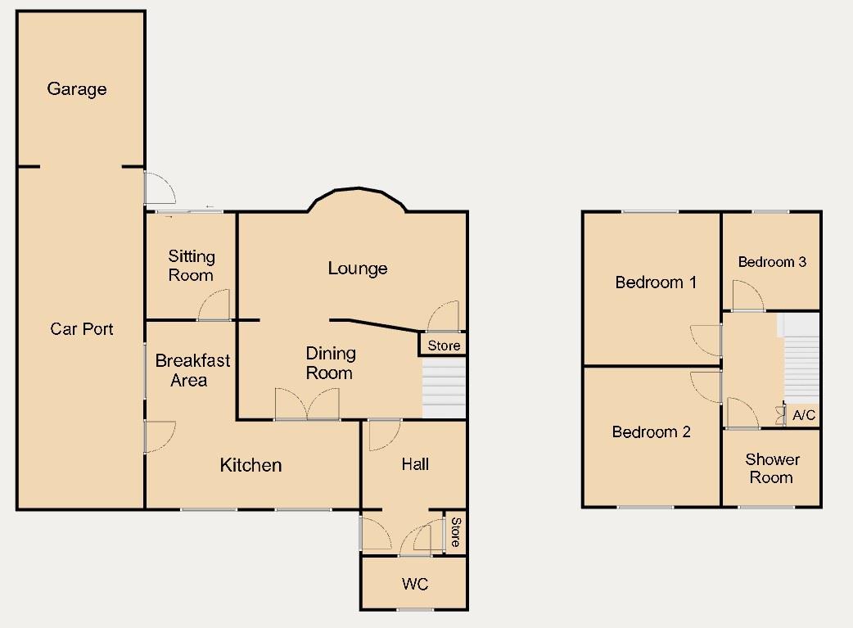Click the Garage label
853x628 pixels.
[x=77, y=89]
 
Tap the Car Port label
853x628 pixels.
[x=82, y=329]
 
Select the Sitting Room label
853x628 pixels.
[x=191, y=266]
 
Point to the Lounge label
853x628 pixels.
[x=358, y=269]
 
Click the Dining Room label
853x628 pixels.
[x=331, y=363]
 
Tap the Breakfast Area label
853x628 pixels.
[x=192, y=370]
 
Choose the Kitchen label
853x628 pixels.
[x=250, y=465]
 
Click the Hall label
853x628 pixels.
[x=415, y=464]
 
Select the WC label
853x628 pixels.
[x=414, y=585]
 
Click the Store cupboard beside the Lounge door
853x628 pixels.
[x=445, y=346]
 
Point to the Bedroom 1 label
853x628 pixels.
[x=656, y=282]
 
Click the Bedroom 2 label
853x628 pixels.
[x=652, y=431]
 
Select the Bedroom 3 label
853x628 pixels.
[x=772, y=262]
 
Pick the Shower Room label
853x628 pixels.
[x=772, y=468]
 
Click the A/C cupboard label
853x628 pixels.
[x=804, y=416]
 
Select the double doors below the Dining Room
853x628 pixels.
[x=307, y=404]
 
